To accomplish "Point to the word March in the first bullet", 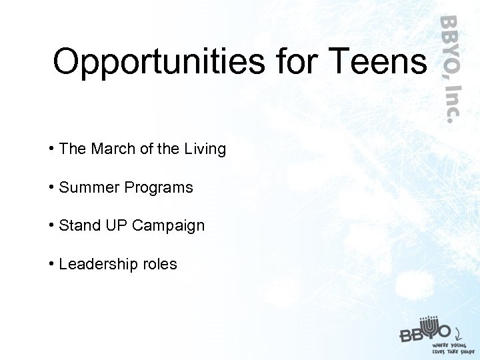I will pos(114,149).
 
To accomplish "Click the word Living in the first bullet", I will pos(205,149).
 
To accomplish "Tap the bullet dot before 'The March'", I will pos(51,149).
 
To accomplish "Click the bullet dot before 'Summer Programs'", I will pos(51,187).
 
